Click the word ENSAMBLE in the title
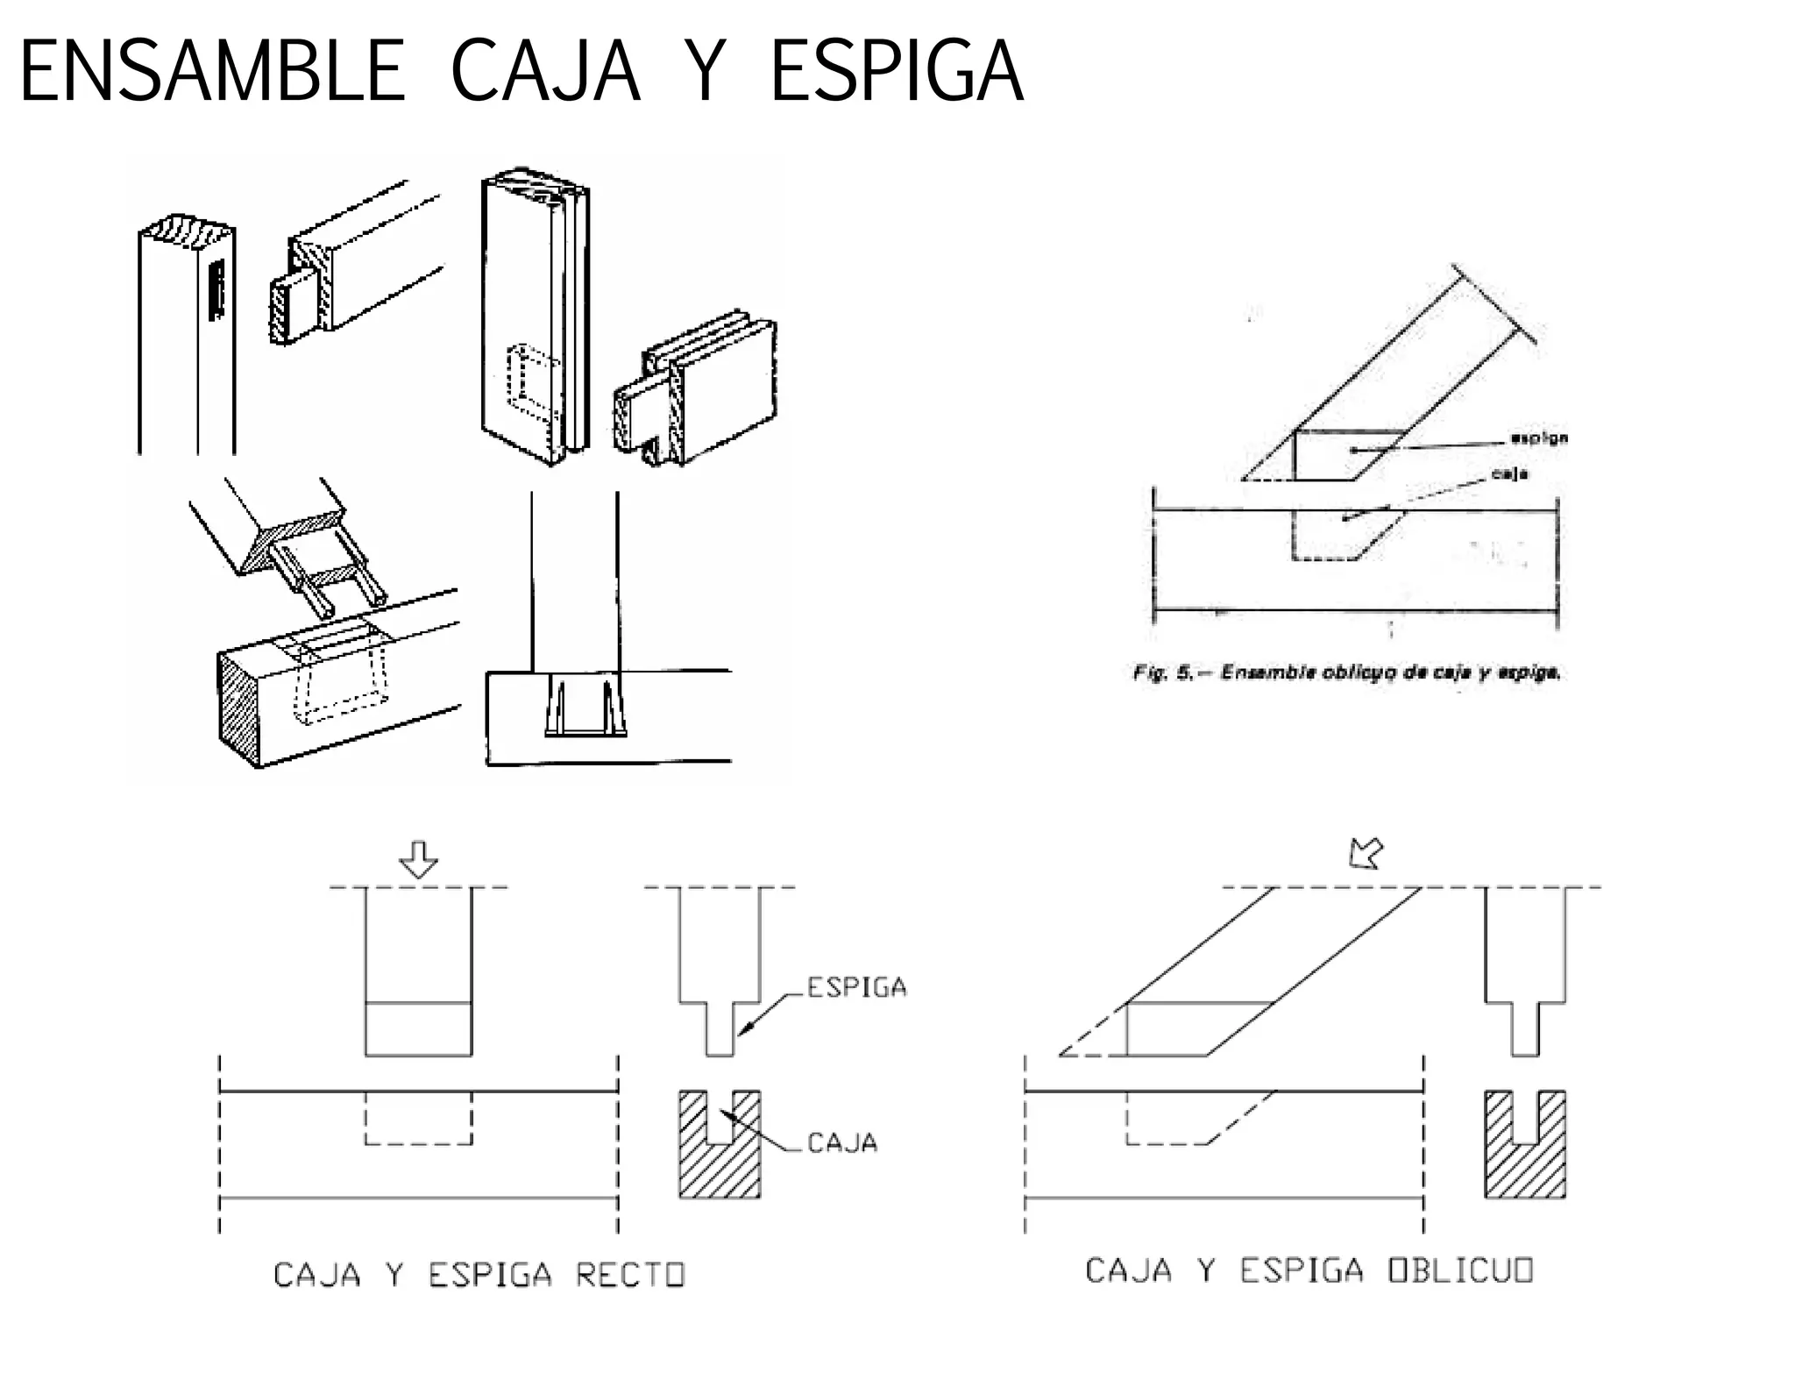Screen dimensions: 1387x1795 click(x=211, y=72)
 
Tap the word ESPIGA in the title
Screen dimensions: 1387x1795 click(x=896, y=72)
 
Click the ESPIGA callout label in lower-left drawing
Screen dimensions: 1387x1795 click(x=856, y=987)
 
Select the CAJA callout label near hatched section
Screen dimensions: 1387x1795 click(x=841, y=1142)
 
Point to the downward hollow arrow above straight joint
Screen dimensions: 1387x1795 click(x=418, y=859)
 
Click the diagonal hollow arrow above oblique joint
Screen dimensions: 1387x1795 click(x=1366, y=852)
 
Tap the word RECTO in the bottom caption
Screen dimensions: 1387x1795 click(x=629, y=1275)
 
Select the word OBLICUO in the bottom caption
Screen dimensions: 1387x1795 click(x=1460, y=1270)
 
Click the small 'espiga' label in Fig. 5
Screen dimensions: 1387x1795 click(x=1540, y=437)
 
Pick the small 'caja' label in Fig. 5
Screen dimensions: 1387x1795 click(x=1510, y=473)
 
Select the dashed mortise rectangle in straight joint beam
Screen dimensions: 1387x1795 click(x=418, y=1119)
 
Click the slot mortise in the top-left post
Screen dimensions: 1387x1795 click(x=216, y=289)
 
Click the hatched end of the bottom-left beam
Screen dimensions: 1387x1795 click(x=238, y=708)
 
